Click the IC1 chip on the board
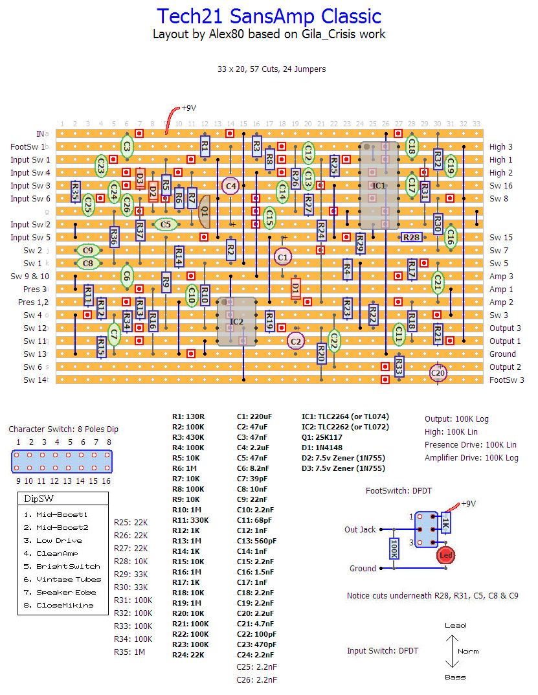coord(379,185)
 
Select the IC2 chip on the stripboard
coord(237,321)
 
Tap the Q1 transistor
coord(204,211)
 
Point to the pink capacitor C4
coord(230,185)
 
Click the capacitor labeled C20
coord(438,372)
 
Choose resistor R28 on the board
coord(411,238)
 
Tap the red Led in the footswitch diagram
coord(445,555)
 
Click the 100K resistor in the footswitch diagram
coord(393,548)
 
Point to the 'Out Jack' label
coord(360,529)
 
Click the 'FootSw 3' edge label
coord(507,380)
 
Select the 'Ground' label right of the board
coord(502,354)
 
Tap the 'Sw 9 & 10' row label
coord(29,277)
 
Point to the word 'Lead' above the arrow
coord(455,626)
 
